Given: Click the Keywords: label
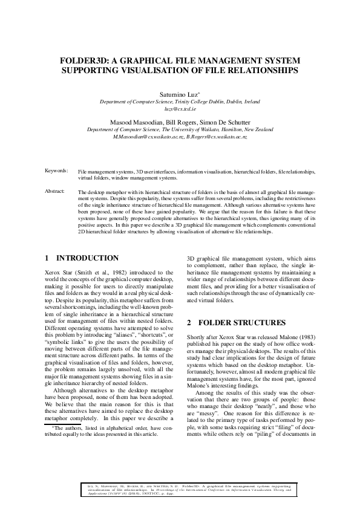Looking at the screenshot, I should tap(56, 171).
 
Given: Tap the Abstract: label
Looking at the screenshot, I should tap(56, 191).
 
